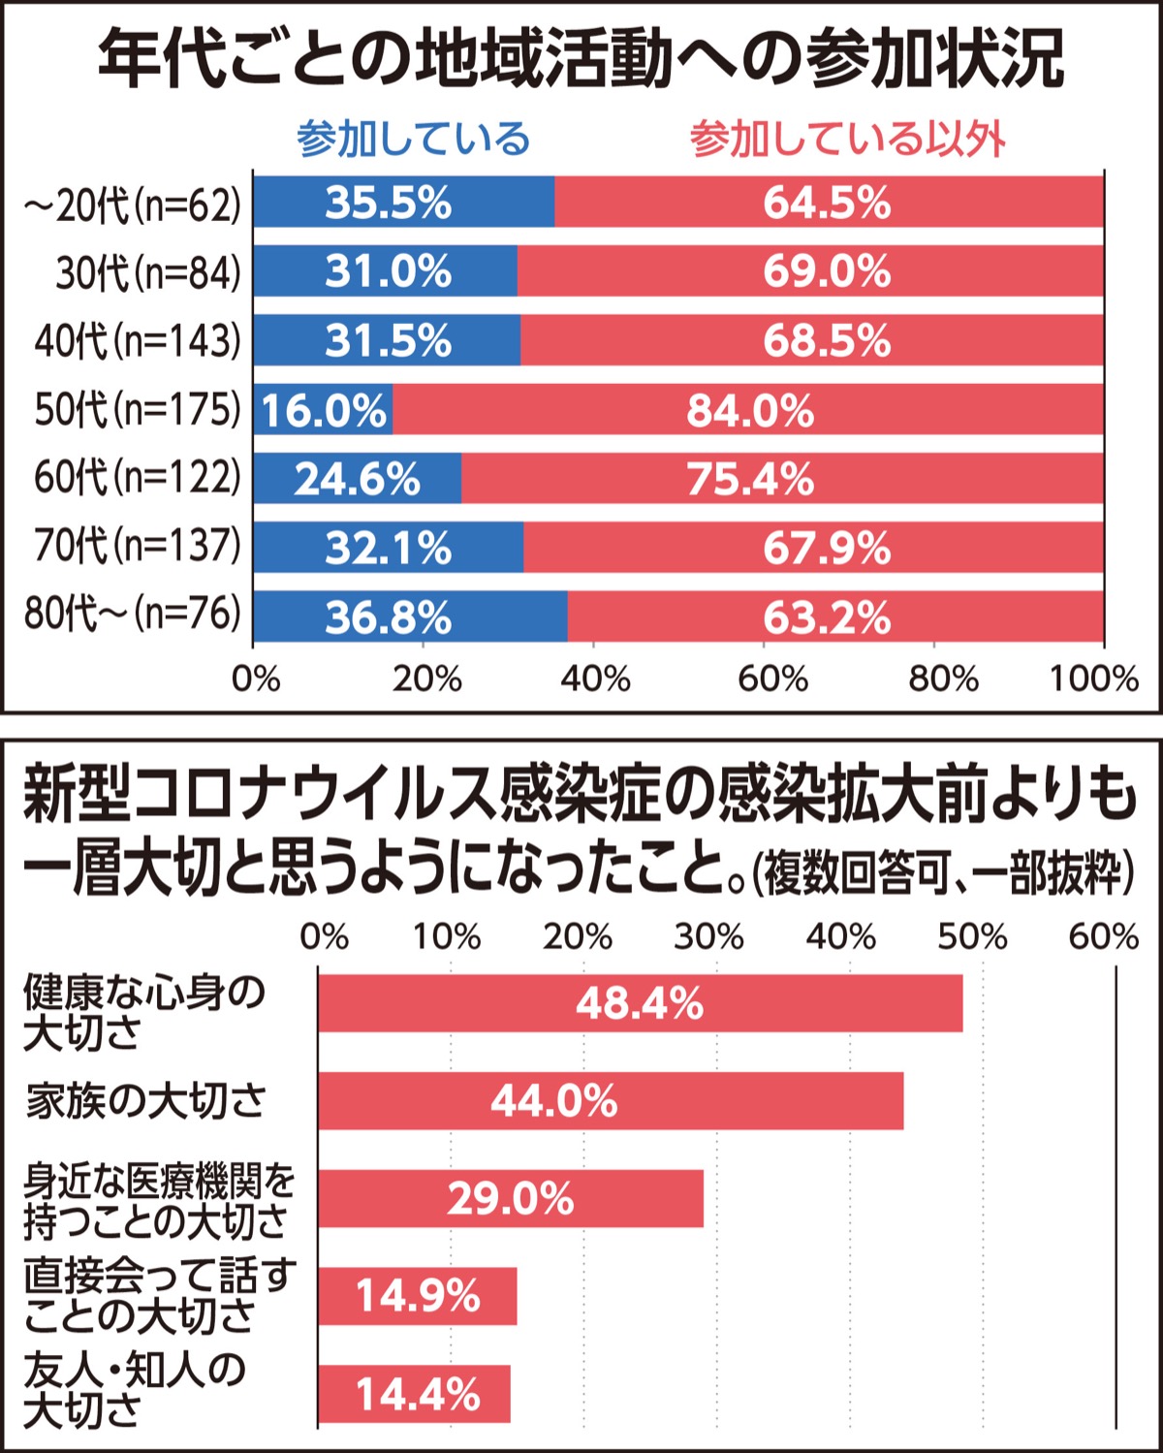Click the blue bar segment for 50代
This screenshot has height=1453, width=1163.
[324, 410]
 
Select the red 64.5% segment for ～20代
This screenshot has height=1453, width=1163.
[829, 203]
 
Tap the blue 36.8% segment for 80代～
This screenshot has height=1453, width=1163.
[410, 617]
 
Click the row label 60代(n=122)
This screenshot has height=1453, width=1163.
[137, 478]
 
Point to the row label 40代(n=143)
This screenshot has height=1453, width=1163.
[137, 340]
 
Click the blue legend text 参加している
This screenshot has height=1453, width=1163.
[414, 140]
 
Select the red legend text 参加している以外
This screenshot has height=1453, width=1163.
[847, 140]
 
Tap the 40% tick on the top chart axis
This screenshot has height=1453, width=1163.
[595, 679]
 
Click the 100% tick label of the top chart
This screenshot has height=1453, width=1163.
[1094, 679]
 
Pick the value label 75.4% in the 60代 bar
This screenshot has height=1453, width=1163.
[750, 479]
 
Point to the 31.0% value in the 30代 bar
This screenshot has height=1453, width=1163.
[388, 271]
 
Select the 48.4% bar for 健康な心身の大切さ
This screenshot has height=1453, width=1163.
[640, 1003]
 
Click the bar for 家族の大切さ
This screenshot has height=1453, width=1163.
[611, 1101]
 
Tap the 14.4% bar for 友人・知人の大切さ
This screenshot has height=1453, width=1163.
[414, 1394]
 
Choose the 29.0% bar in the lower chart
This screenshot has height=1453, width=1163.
[511, 1199]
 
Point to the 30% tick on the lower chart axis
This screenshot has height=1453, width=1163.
[709, 937]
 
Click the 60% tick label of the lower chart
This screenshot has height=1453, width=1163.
[1104, 937]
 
